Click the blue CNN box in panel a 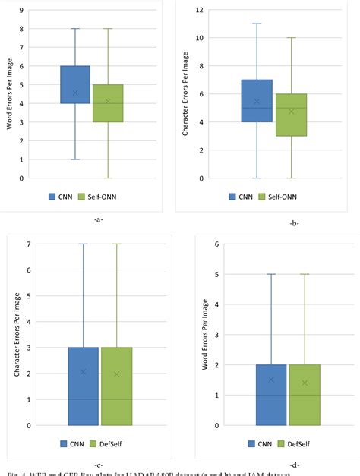[75, 84]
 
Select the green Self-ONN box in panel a [108, 102]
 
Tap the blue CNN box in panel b [256, 100]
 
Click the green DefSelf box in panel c [116, 386]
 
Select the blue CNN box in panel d [271, 395]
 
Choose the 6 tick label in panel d [216, 244]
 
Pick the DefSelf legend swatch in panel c [94, 443]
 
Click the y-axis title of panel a [11, 94]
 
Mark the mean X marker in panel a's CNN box [75, 93]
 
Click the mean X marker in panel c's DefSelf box [116, 374]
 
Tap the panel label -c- [99, 464]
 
